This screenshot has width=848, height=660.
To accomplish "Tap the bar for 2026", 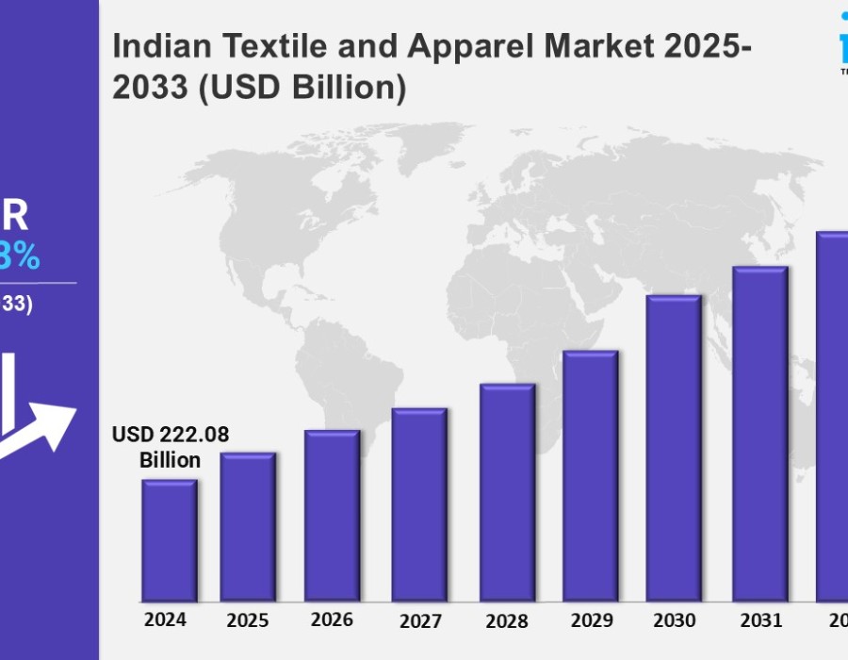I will click(x=332, y=516).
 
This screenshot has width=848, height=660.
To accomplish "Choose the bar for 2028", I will click(x=507, y=492).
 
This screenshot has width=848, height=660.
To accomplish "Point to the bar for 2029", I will click(x=590, y=476).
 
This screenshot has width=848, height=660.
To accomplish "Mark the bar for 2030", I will click(x=674, y=448).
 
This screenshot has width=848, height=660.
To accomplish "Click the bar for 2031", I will click(x=759, y=434).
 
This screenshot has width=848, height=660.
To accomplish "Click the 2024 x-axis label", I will click(x=165, y=619).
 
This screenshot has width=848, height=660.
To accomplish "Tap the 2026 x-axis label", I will click(x=332, y=619).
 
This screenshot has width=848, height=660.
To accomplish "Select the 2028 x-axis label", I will click(x=506, y=621).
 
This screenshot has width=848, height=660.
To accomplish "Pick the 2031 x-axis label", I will click(x=760, y=620).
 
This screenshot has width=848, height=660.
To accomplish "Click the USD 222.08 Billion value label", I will click(x=171, y=447).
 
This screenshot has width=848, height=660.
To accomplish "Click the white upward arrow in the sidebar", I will click(x=42, y=424).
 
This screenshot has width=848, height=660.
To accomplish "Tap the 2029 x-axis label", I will click(x=590, y=620).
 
